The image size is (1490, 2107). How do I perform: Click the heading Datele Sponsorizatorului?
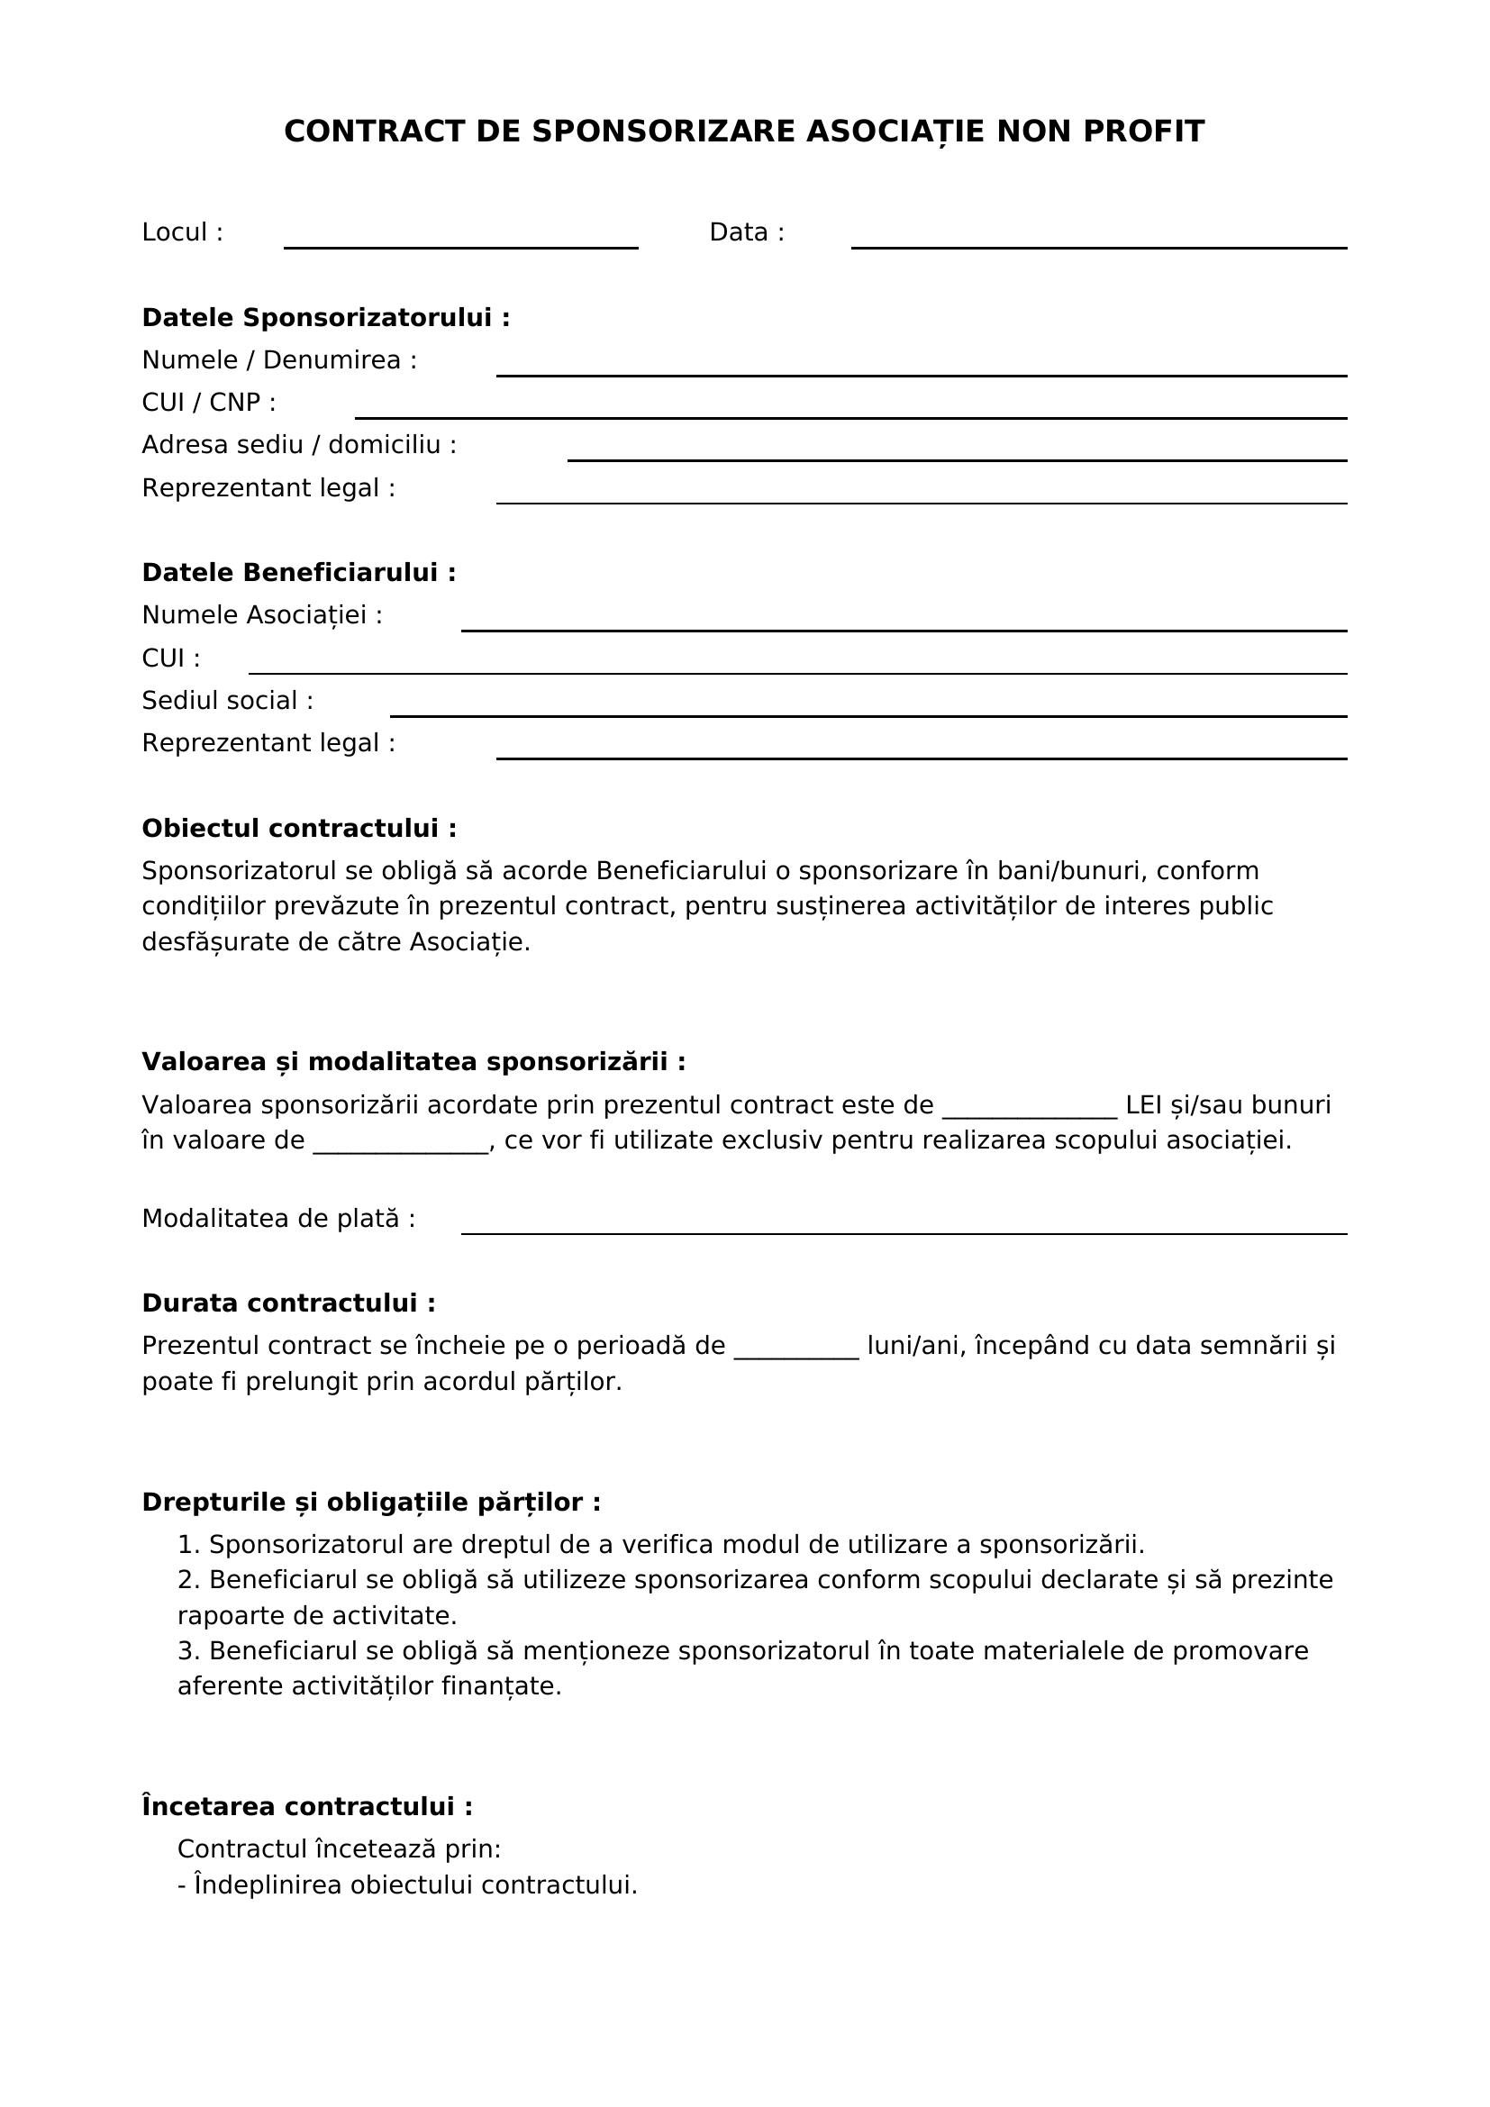pyautogui.click(x=325, y=317)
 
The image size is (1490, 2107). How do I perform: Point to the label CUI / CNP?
pyautogui.click(x=208, y=403)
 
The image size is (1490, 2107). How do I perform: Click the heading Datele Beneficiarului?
pyautogui.click(x=298, y=573)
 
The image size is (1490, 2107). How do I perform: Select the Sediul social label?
pyautogui.click(x=227, y=701)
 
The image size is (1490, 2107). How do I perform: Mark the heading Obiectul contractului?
pyautogui.click(x=298, y=829)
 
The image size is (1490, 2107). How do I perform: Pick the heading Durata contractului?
pyautogui.click(x=288, y=1303)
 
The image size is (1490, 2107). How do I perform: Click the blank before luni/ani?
pyautogui.click(x=796, y=1350)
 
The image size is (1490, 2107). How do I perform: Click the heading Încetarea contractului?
pyautogui.click(x=307, y=1807)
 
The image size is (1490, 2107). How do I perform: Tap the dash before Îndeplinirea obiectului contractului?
pyautogui.click(x=182, y=1885)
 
